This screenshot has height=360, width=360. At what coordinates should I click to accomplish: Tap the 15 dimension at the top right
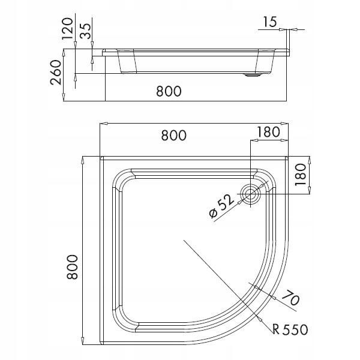pos(269,22)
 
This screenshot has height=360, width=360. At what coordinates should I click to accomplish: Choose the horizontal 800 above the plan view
pos(174,136)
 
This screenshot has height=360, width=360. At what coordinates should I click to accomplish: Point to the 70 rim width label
pos(289,298)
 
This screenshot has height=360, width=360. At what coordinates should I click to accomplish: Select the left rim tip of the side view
pos(103,53)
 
